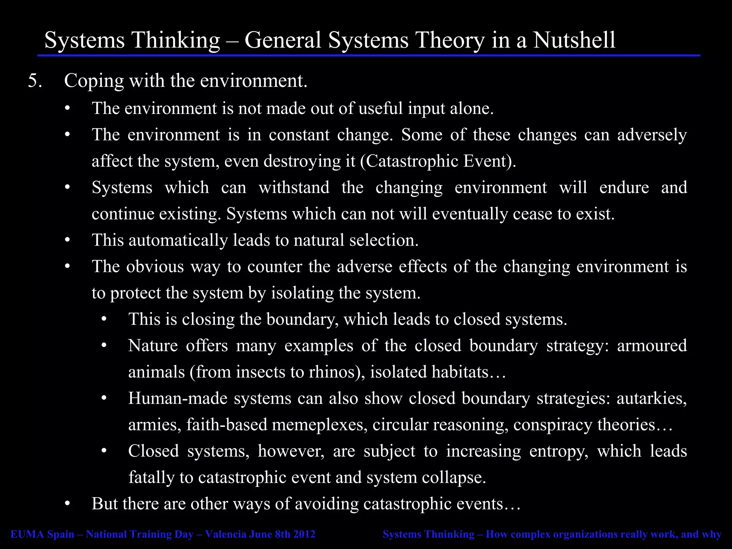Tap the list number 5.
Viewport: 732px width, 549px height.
[x=35, y=81]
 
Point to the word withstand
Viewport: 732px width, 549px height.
[x=294, y=188]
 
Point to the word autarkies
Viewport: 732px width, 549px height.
[x=651, y=399]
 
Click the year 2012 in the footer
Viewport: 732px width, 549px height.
[x=304, y=534]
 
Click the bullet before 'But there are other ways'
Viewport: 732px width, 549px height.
[x=68, y=504]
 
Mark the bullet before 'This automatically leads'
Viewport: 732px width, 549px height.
[x=68, y=240]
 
